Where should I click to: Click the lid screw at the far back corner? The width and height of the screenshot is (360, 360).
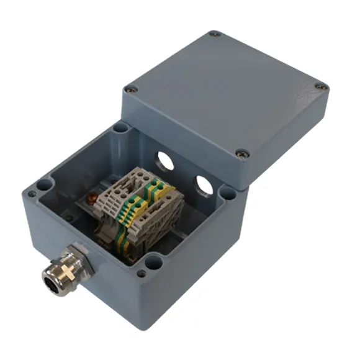pos(214,34)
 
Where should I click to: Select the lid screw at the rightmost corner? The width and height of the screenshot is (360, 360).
pos(321,87)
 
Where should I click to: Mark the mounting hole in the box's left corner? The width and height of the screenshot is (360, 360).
pos(43,185)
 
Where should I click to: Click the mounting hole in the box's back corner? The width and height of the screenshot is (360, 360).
pos(120,129)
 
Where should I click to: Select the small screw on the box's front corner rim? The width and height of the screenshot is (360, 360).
pos(142,273)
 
